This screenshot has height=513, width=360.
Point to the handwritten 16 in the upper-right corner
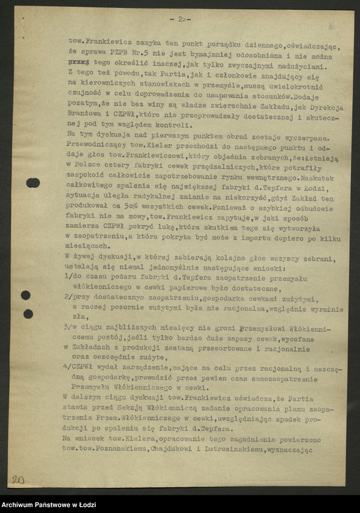point(331,26)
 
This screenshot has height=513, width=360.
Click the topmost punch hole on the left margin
point(33,183)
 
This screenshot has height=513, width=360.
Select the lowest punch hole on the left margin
point(28,313)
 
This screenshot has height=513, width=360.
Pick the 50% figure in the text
point(117,198)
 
